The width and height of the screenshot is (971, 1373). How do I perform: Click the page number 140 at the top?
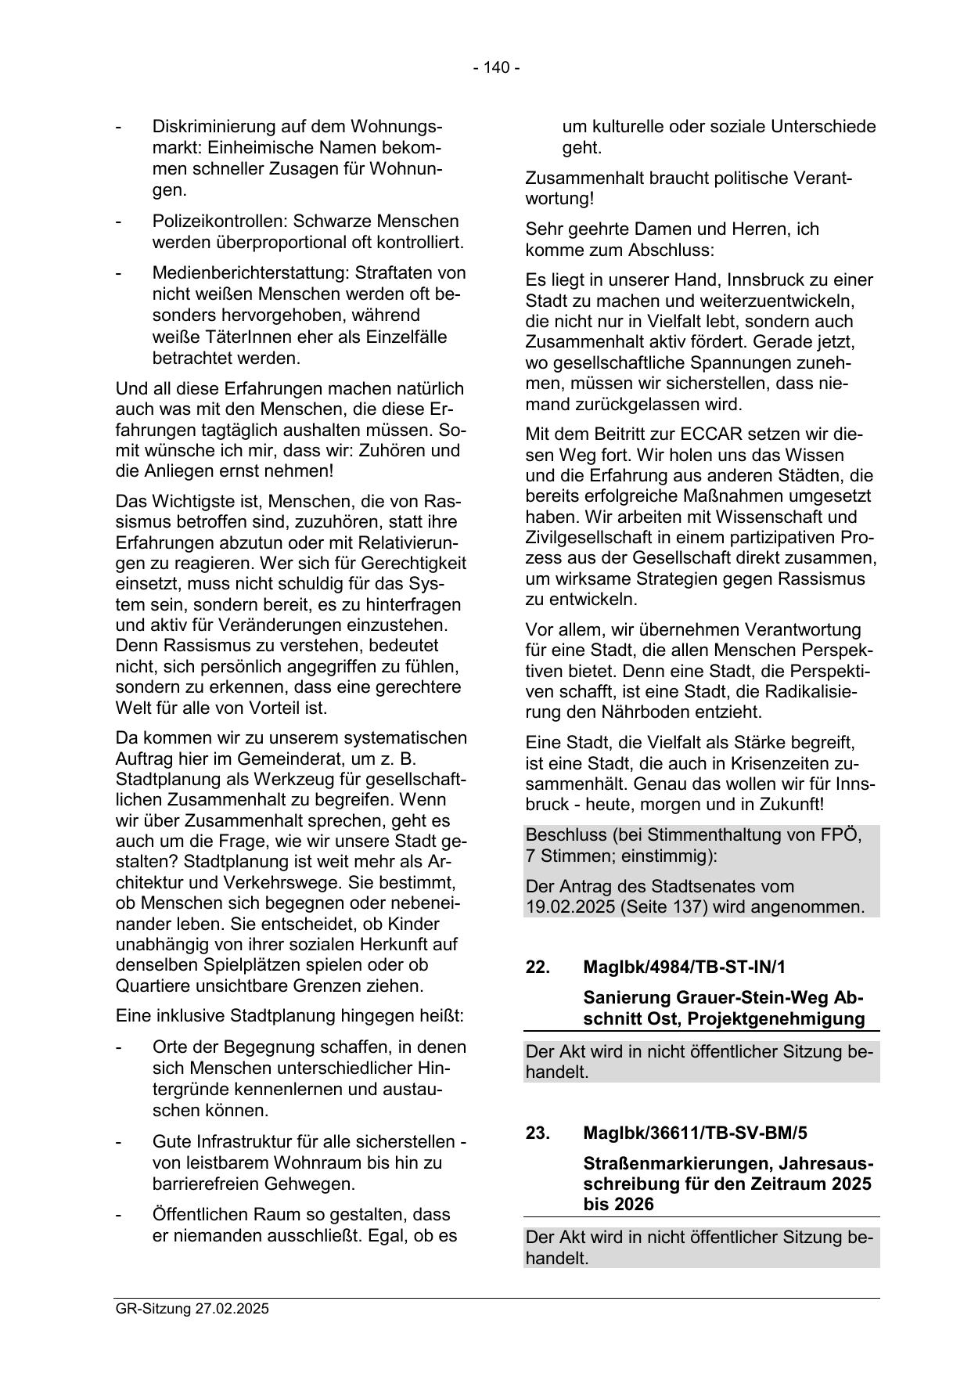(x=496, y=68)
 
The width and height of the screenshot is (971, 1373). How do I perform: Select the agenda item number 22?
(x=538, y=968)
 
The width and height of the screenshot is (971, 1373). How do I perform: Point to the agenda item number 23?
(x=538, y=1133)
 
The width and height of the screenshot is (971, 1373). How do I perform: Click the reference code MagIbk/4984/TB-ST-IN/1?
(x=684, y=968)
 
